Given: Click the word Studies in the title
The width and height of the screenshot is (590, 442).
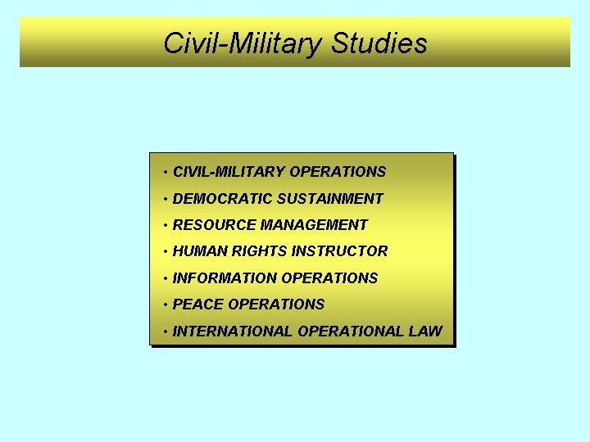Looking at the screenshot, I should (x=379, y=43).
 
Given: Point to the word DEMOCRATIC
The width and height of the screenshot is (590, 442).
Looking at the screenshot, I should (x=223, y=198).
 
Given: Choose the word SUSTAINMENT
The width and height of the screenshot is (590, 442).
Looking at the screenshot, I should (x=330, y=198).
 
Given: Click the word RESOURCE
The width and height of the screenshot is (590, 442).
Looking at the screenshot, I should (x=215, y=224).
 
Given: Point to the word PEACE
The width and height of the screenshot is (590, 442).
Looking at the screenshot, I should (x=198, y=304).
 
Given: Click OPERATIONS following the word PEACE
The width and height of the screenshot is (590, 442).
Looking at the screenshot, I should (x=276, y=304).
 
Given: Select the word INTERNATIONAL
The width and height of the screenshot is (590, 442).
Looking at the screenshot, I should (x=234, y=331).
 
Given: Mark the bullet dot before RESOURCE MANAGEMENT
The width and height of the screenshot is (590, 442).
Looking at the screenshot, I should (x=166, y=225).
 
